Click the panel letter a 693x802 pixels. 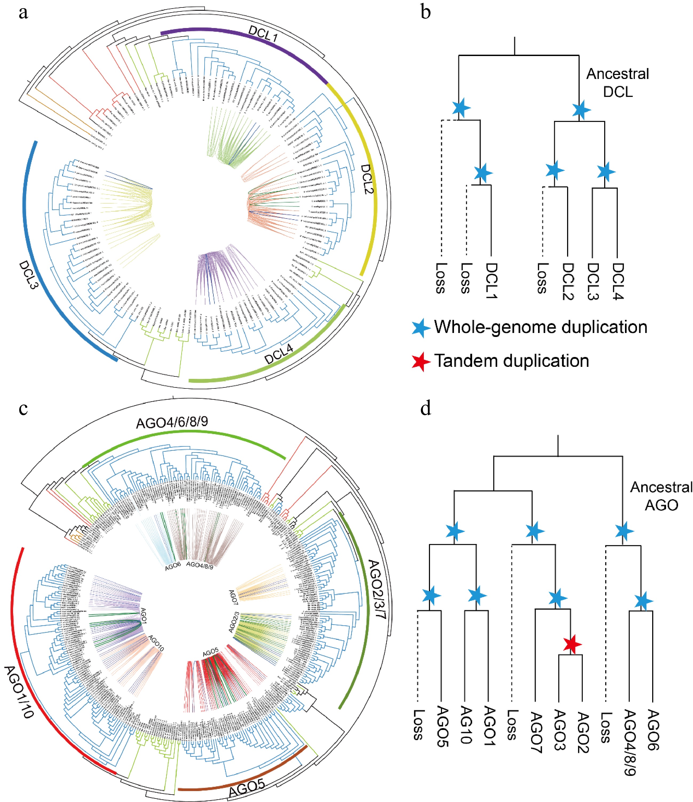click(23, 13)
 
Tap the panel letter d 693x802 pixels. click(426, 409)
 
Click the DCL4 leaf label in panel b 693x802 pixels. click(618, 281)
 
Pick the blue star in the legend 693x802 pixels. click(421, 328)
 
